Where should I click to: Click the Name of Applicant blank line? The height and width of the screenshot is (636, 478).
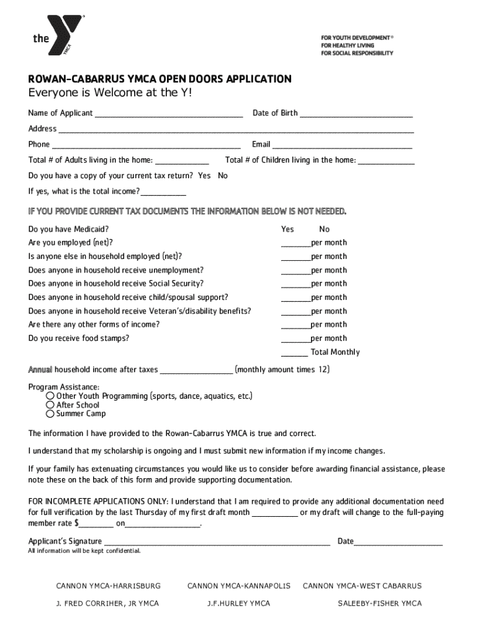pos(168,114)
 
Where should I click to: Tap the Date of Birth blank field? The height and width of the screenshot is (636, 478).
pos(356,114)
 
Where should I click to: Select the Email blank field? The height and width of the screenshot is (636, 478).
pos(342,145)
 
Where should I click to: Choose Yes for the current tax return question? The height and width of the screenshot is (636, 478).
pos(204,176)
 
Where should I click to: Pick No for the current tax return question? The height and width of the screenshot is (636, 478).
pos(223,176)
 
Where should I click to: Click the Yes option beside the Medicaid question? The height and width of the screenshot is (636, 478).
pos(287,229)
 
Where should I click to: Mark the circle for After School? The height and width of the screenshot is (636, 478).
pos(50,405)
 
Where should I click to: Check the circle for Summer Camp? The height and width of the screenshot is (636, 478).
pos(50,414)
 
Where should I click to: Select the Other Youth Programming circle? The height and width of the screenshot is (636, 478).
pos(50,396)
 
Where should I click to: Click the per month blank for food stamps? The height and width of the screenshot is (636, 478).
pos(295,339)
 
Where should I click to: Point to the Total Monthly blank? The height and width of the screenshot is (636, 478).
pos(294,353)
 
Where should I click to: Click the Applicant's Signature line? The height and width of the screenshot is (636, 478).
pos(217,542)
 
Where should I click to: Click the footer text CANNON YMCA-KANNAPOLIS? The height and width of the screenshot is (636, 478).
pos(239,586)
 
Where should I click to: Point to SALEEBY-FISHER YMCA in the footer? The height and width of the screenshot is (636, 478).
pos(379,603)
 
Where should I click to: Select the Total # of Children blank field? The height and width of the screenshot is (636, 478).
pos(387,161)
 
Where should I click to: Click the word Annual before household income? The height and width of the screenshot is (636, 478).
pos(40,370)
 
